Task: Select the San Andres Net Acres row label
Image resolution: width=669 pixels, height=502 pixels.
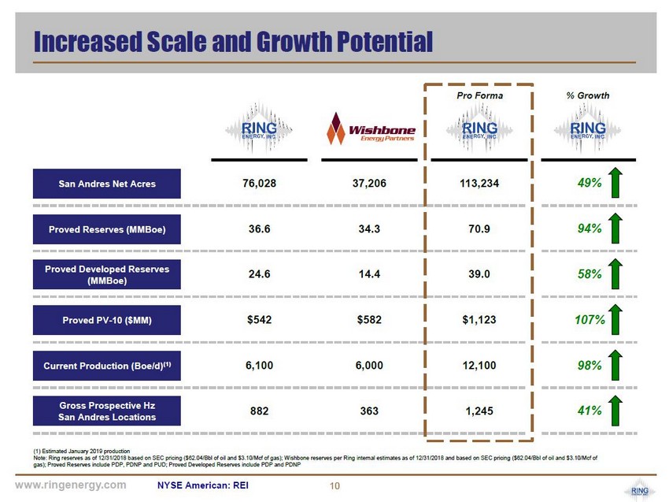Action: coord(107,184)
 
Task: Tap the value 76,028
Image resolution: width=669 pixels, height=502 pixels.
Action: coord(260,184)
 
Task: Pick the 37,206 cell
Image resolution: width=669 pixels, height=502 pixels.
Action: coord(369,184)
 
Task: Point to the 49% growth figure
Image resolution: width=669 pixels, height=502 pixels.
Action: coord(589,184)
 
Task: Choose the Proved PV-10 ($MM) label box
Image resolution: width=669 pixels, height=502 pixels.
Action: coord(107,321)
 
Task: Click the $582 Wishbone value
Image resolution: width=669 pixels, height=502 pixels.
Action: coord(369,321)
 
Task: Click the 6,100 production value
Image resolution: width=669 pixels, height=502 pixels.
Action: coord(260,366)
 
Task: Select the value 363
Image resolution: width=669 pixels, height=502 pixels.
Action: coord(369,411)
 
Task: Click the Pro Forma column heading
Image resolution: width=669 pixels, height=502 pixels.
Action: coord(479,95)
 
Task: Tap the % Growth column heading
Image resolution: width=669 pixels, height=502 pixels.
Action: coord(588,95)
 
